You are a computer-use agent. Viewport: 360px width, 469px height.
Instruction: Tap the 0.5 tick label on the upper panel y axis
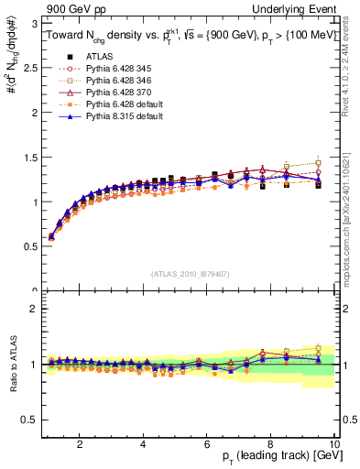pos(31,246)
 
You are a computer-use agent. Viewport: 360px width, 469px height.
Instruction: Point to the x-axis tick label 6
pos(207,443)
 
